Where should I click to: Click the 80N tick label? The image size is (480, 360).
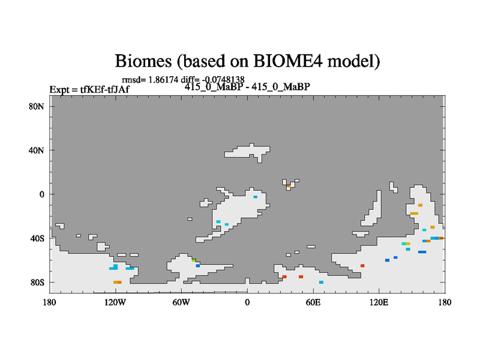pos(37,107)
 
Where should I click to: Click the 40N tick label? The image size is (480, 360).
pos(37,151)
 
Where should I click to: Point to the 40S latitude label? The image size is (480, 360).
pos(37,238)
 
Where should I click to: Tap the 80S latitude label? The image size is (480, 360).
pos(37,282)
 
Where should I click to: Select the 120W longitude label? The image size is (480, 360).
pos(115,302)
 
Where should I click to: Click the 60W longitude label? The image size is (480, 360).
pos(181,302)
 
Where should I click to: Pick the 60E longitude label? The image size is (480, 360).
pos(313,302)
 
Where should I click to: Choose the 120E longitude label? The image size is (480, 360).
pos(379,302)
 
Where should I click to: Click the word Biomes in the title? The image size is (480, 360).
pos(143,61)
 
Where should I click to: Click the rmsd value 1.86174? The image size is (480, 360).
pos(163,80)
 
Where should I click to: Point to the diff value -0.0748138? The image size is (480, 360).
pos(223,80)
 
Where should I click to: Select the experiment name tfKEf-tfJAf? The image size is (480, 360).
pos(104,89)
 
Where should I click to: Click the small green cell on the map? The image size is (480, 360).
pos(194,260)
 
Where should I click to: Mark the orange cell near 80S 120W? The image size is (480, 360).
pos(118,282)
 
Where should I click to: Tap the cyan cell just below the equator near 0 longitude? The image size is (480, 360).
pos(256,197)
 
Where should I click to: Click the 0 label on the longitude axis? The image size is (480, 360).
pos(247,302)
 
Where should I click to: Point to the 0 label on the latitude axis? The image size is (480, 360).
pos(41,194)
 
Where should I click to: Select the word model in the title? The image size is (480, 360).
pos(353,61)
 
